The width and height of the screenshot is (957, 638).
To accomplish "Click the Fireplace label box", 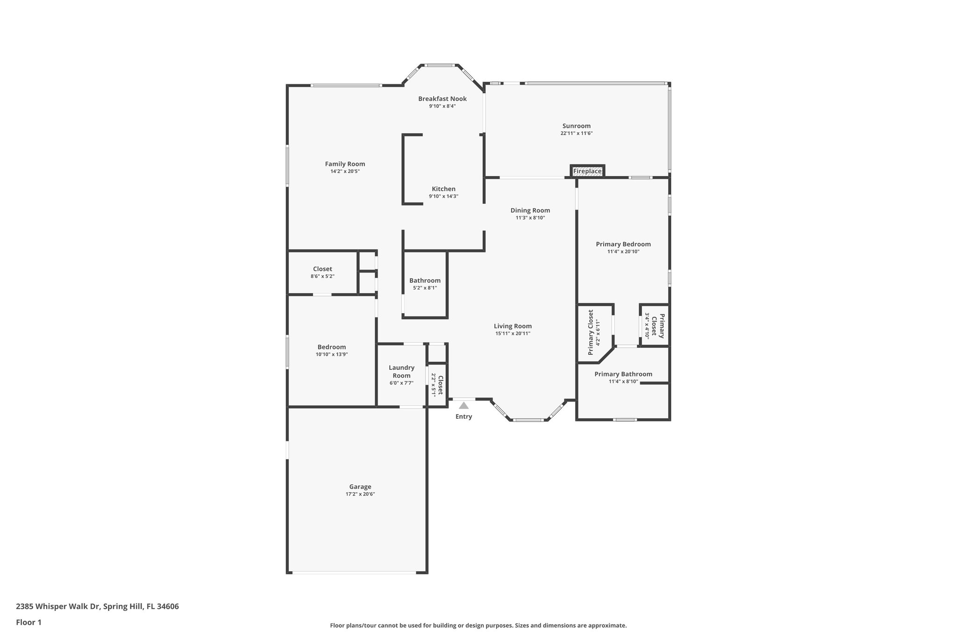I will tap(587, 172).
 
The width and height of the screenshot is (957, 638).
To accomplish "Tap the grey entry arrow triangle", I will tap(464, 406).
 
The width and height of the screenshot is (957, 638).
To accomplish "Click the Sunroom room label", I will tap(576, 126).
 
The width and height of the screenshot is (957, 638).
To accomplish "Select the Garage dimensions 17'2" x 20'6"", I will tap(360, 494).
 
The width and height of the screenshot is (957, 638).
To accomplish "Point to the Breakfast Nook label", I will tap(442, 99).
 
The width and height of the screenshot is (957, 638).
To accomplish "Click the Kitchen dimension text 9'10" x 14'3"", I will tap(443, 196).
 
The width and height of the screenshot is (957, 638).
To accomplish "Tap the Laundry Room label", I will tap(401, 372).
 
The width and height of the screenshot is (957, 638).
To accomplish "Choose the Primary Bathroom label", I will tap(623, 374).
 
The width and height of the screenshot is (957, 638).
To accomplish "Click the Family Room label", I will tap(345, 164).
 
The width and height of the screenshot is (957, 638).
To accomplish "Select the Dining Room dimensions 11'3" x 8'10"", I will tap(530, 218).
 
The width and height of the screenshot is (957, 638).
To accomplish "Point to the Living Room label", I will tap(513, 326).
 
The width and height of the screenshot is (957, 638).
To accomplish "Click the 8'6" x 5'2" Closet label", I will tap(322, 269).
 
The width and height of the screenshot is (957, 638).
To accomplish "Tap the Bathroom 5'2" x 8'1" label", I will tap(425, 281).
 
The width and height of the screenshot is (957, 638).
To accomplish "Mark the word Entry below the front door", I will tap(464, 416).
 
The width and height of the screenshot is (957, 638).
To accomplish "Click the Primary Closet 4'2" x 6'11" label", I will tap(591, 332).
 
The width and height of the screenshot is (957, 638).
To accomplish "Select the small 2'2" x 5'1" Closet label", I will tap(440, 385).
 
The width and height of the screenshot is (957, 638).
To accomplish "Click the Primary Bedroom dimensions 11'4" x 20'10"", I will tap(623, 251).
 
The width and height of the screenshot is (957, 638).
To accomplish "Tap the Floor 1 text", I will tap(29, 622).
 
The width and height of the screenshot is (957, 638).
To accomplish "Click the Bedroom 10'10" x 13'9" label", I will tap(331, 347).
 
